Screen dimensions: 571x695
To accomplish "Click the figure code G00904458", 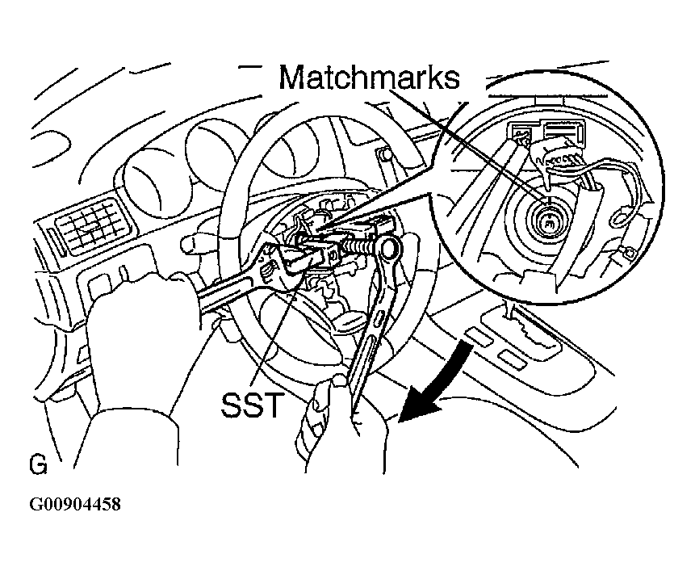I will [x=75, y=506].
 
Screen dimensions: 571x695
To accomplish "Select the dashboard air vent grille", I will [x=90, y=222].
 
